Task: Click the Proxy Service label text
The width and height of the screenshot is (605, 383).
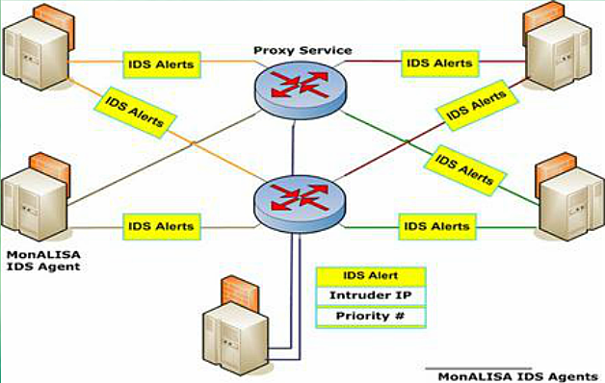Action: pyautogui.click(x=302, y=49)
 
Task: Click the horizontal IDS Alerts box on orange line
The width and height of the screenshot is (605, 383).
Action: pyautogui.click(x=162, y=65)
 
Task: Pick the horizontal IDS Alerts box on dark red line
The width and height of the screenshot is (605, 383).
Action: pyautogui.click(x=439, y=64)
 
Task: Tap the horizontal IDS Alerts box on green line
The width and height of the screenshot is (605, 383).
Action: pyautogui.click(x=436, y=227)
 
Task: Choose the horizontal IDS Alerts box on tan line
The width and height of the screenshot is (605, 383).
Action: pyautogui.click(x=161, y=227)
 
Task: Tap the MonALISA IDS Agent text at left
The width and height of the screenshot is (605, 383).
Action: pyautogui.click(x=42, y=259)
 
